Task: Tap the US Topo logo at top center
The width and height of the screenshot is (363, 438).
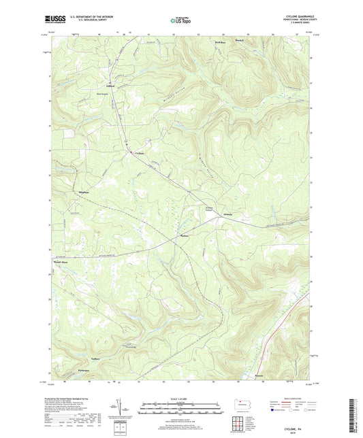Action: pyautogui.click(x=180, y=21)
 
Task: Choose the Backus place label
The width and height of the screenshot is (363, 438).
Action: pyautogui.click(x=184, y=236)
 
